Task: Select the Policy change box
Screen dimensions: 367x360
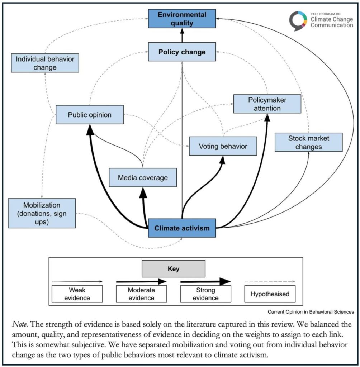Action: coord(182,52)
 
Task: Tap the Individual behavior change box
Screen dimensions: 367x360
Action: coord(45,63)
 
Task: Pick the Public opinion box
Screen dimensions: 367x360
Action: coord(90,115)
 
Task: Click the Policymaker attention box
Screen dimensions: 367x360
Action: coord(267,104)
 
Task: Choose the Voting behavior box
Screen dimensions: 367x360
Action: coord(223,146)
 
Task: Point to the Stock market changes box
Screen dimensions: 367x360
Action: coord(309,142)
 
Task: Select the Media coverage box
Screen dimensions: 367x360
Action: coord(143,177)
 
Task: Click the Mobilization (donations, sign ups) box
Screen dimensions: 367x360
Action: coord(42,213)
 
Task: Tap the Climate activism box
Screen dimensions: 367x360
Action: coord(182,228)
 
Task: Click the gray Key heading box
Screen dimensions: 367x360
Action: coord(173,269)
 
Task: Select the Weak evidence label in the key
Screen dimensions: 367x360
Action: coord(77,294)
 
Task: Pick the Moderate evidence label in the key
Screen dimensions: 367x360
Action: coord(141,294)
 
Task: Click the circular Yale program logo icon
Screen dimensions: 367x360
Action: coord(299,20)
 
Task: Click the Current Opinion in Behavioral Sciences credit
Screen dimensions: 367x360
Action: coord(311,312)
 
